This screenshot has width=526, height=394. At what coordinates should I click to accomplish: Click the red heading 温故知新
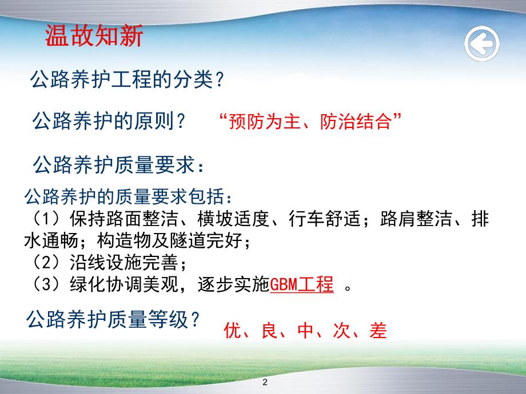coord(94,37)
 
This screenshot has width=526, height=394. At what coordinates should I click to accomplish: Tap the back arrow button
coord(481,42)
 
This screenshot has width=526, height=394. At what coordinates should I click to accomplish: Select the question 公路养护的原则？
coord(109,121)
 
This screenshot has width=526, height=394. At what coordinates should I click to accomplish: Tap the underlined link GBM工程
coord(301,284)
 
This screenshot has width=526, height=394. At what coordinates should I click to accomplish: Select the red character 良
coord(269,331)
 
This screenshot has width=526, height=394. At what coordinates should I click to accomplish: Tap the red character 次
coord(342,331)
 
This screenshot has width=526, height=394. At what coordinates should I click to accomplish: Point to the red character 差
coord(378,331)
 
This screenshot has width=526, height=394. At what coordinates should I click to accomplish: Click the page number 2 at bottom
coord(264,381)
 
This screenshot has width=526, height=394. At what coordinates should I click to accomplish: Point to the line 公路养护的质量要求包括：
coord(129,198)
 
